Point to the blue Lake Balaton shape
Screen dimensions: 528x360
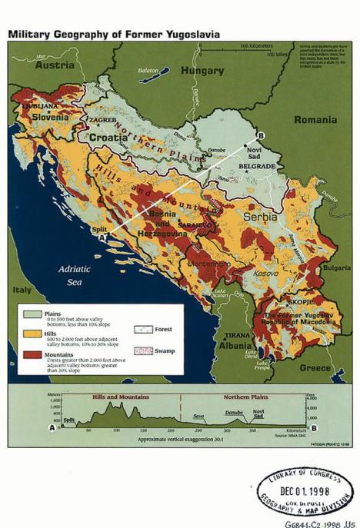[x=153, y=76]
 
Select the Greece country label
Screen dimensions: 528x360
[x=315, y=367]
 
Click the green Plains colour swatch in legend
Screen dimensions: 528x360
[x=32, y=314]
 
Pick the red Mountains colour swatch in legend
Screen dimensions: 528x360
[x=32, y=354]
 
